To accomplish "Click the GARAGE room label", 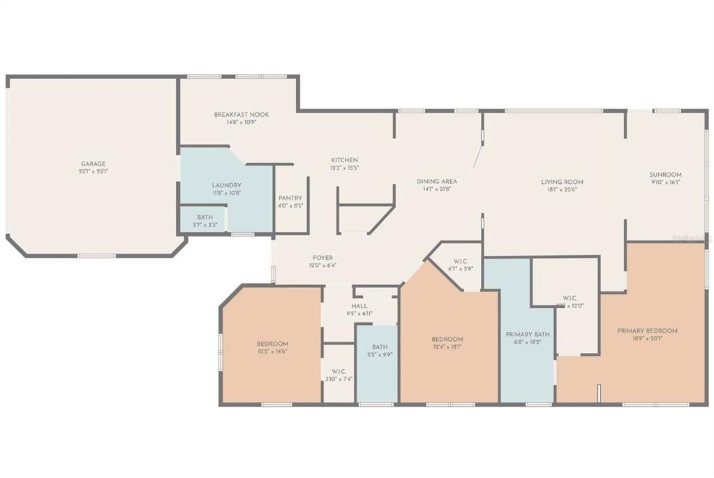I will tap(93, 164).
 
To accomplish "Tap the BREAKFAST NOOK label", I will tap(241, 115).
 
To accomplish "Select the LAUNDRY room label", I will tap(227, 185).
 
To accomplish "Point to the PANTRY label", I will tap(290, 198).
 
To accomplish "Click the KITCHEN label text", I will tap(344, 160).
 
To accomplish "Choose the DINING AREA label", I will tap(437, 181).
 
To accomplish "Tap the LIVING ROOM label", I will tap(562, 182).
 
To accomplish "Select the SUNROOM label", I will tap(665, 175).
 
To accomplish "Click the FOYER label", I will tap(322, 258).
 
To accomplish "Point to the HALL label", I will tap(359, 306).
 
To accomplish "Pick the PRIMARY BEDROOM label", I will tap(647, 331).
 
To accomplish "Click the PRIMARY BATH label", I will tap(528, 335).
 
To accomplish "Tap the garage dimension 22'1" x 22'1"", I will tap(93, 171).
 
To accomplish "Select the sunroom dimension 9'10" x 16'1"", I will tap(665, 182).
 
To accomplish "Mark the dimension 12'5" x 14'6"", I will tap(272, 352).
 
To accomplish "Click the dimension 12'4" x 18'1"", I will tap(447, 347).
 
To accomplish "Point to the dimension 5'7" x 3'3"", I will tap(205, 225).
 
